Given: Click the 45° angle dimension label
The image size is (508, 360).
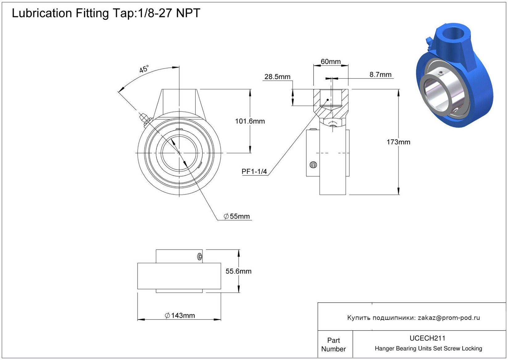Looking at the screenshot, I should (x=144, y=69).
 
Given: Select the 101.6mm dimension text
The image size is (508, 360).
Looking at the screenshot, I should (x=250, y=121).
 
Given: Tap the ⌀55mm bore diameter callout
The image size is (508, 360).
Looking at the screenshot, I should (x=237, y=216).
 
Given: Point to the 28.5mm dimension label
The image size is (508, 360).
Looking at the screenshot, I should (x=277, y=77).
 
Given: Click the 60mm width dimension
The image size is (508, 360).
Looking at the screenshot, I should (x=331, y=62).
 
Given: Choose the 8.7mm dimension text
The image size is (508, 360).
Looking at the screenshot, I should (x=380, y=75).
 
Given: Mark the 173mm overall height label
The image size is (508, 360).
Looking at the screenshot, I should (x=398, y=142).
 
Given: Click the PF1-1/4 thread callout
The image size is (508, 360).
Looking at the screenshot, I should (x=254, y=172).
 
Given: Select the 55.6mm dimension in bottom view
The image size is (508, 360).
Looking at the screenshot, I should (x=238, y=271).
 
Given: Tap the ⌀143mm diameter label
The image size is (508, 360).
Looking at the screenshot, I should (x=180, y=316).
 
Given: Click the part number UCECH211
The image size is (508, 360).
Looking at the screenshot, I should (x=427, y=338).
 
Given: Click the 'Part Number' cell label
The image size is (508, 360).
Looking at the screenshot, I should (x=333, y=345).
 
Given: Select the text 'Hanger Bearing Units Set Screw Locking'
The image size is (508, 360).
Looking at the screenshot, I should (x=428, y=349).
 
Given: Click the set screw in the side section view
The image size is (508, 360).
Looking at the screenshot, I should (x=313, y=165).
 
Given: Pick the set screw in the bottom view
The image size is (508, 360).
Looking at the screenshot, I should (x=200, y=257).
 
